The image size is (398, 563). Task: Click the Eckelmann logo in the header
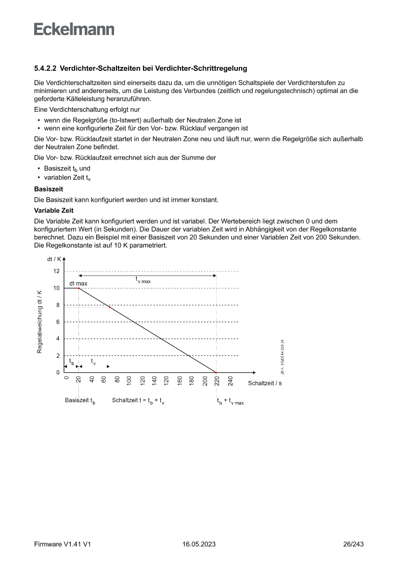74,29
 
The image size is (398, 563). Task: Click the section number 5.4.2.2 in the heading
45,69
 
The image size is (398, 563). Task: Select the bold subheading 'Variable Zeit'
53,210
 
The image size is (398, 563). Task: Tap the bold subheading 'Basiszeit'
49,189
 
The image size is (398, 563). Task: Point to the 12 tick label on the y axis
57,271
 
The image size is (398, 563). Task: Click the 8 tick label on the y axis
58,305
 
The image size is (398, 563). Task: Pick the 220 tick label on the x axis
217,382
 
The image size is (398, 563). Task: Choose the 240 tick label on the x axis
230,381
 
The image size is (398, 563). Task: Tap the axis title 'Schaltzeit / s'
265,383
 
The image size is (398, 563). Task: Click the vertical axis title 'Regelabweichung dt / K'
40,322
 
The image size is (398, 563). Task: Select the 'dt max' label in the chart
78,284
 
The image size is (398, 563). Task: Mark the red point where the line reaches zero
216,372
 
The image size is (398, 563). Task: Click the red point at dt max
79,288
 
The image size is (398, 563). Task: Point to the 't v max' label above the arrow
143,279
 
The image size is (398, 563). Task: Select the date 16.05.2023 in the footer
199,544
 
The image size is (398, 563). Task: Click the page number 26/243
353,544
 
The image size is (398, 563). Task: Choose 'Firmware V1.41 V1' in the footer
63,544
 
